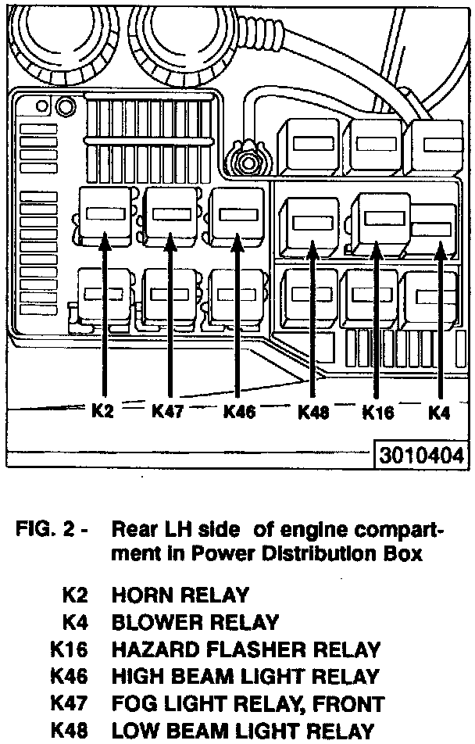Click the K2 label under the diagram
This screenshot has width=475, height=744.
click(102, 410)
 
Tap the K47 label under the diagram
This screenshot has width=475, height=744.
click(167, 410)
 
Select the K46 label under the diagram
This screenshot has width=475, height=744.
click(239, 411)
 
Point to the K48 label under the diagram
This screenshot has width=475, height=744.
click(313, 412)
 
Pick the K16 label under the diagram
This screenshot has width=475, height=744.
click(377, 412)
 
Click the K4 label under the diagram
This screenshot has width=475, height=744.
click(440, 412)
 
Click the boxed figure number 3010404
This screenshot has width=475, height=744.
click(422, 456)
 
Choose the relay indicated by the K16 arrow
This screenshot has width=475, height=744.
click(378, 223)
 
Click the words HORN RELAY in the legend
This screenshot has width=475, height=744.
click(180, 596)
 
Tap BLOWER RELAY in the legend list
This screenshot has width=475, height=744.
click(195, 623)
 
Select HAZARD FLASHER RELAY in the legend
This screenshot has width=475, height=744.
click(246, 649)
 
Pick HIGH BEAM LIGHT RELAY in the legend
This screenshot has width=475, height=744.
click(245, 677)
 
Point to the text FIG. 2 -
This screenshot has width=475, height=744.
click(52, 529)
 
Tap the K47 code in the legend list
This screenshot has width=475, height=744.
click(70, 703)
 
